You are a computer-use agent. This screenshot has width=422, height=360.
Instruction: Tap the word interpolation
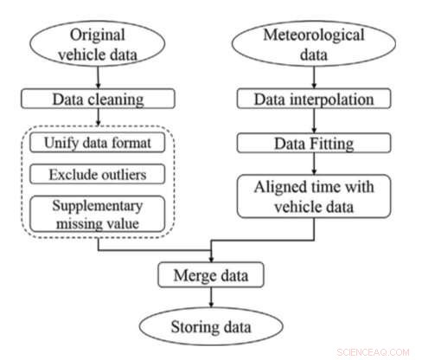tap(333, 100)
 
